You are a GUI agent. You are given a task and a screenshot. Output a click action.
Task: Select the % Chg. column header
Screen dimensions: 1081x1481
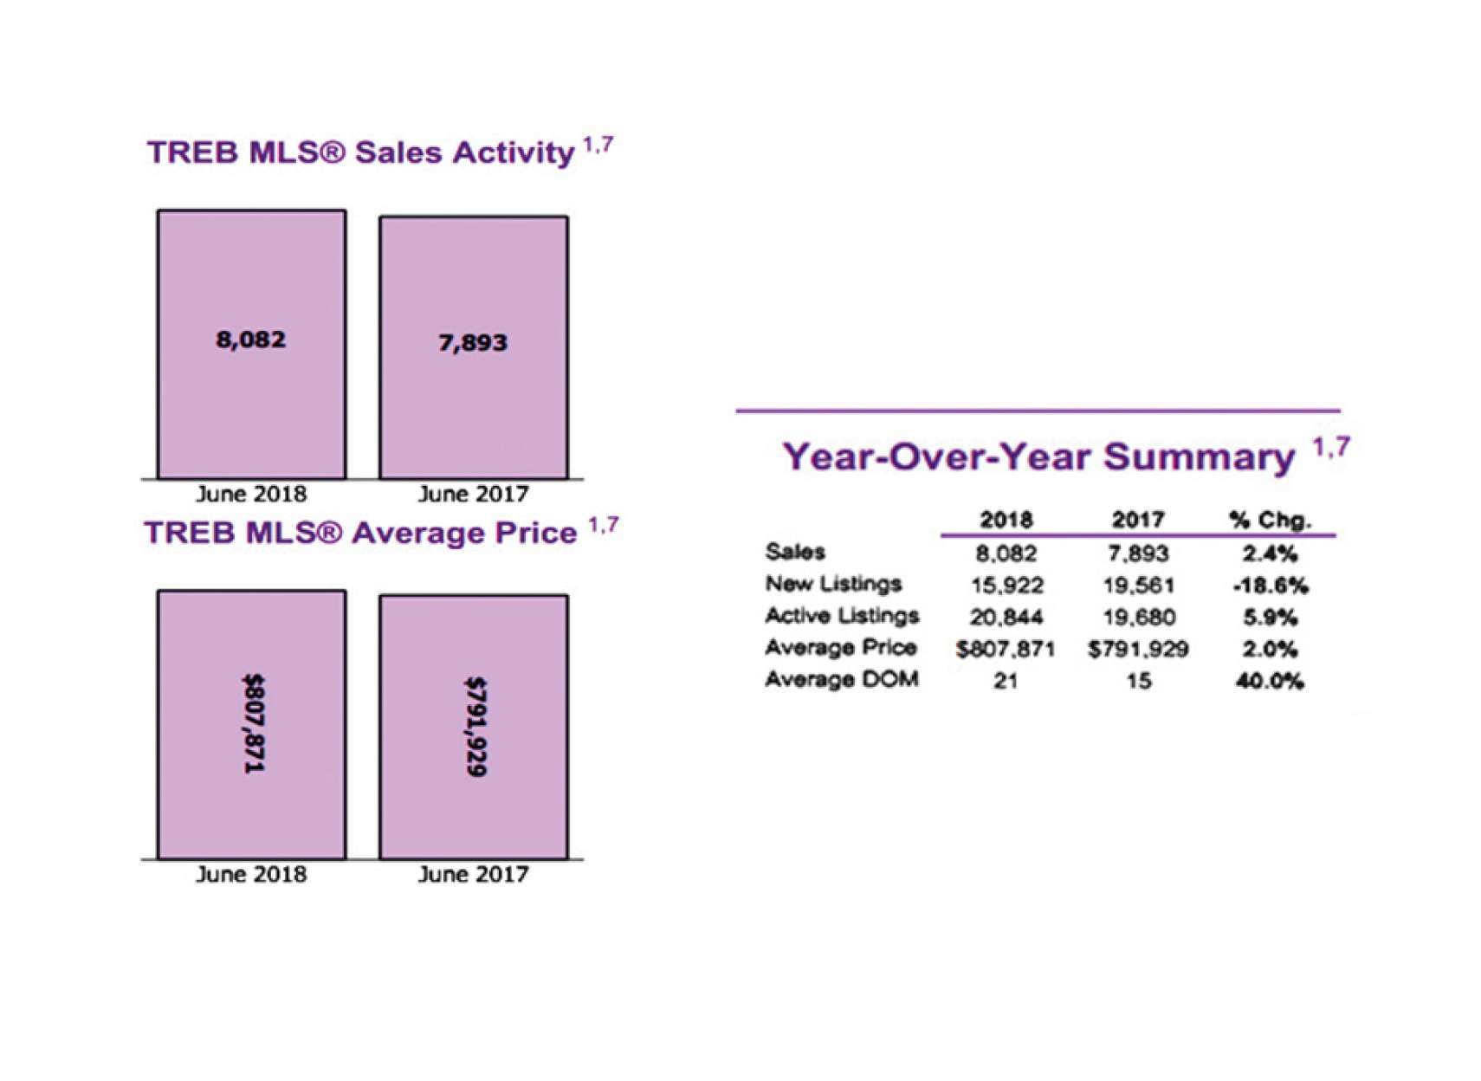(1269, 520)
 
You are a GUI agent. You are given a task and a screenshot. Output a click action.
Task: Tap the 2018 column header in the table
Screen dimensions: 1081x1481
(1006, 520)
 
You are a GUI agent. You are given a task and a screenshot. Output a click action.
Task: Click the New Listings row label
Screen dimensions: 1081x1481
(833, 584)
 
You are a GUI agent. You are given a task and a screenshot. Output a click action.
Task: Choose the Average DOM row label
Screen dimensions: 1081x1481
(841, 679)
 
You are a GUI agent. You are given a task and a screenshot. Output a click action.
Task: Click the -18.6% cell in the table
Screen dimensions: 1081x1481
(1270, 586)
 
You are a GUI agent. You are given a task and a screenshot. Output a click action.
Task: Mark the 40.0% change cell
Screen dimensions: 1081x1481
(1269, 681)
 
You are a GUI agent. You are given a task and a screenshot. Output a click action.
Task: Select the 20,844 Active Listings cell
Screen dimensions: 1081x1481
(1006, 617)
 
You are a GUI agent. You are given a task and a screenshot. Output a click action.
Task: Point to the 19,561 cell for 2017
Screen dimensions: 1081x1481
(1138, 586)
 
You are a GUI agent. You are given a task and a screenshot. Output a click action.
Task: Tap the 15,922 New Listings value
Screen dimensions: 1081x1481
(1006, 586)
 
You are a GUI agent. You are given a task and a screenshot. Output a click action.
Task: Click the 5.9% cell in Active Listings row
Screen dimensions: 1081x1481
(1270, 617)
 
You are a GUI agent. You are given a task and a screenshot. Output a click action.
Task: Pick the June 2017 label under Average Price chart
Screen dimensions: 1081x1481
(473, 874)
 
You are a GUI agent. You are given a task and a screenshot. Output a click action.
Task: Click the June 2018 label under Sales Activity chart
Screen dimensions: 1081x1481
(251, 494)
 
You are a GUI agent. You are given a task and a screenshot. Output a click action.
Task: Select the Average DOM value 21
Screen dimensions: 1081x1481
(1006, 681)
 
